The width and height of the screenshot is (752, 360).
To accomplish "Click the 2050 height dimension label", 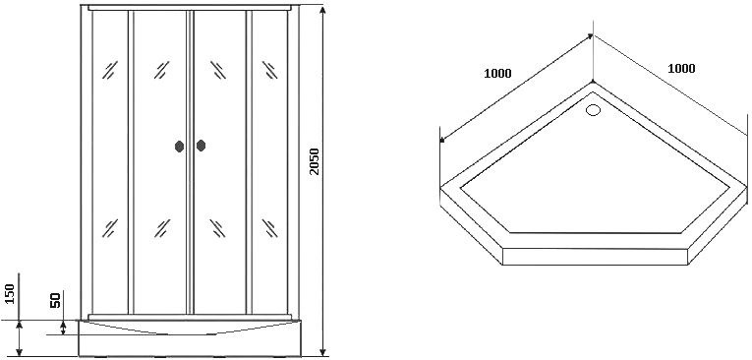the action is (315, 161).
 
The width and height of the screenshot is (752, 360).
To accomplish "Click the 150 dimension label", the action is (10, 293).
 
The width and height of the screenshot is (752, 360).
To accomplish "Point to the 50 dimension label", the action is (56, 300).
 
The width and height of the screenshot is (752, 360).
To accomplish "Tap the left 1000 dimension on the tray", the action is (497, 74).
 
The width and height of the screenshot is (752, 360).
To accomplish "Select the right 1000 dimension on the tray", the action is (681, 69).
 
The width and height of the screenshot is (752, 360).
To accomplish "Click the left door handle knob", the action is (179, 146).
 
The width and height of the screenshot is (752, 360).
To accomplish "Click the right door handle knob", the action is (201, 146).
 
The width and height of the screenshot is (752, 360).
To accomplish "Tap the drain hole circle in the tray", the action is (594, 110).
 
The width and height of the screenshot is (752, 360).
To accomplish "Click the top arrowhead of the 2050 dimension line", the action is (323, 11).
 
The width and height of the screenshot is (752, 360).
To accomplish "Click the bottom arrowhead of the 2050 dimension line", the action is (323, 351).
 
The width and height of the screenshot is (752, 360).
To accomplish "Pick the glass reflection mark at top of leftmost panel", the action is (110, 70).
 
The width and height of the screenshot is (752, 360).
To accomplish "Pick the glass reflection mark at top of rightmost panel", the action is (269, 70).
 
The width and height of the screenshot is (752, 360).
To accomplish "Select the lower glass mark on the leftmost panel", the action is (110, 228).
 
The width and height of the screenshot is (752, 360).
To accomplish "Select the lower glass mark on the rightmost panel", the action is (269, 228).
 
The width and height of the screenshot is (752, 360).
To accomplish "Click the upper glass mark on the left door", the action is (161, 70).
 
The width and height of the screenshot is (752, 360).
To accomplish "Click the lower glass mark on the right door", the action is (217, 228).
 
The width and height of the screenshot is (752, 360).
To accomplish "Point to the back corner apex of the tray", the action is (594, 83).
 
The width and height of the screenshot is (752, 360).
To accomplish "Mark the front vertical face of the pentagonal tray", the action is (595, 257).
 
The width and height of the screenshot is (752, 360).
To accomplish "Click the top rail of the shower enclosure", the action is (190, 8).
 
